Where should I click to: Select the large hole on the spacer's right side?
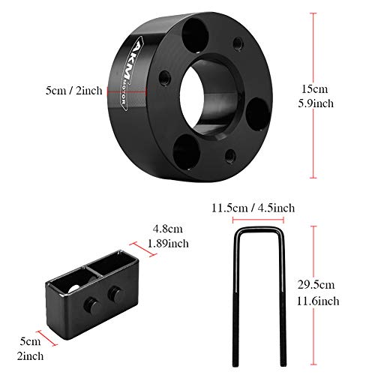click(x=256, y=113)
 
